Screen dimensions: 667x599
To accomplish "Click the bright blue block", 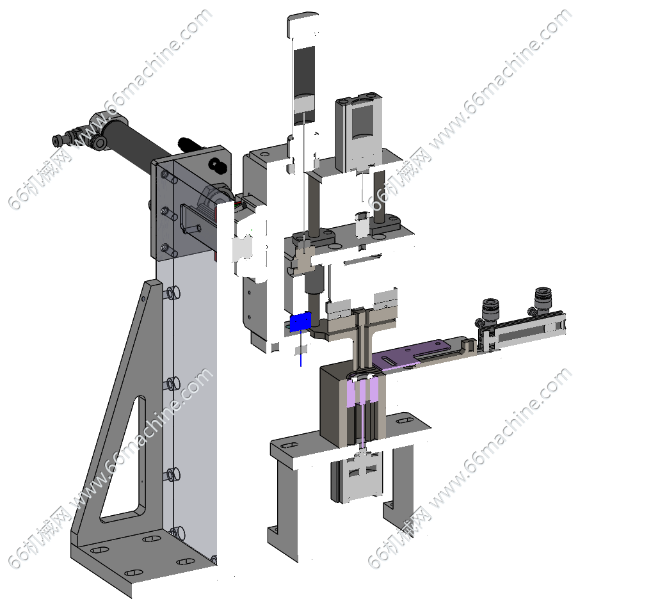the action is point(300,322).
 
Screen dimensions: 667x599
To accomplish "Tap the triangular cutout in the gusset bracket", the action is point(122,461).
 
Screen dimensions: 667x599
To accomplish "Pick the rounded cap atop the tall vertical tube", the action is point(303,24).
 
